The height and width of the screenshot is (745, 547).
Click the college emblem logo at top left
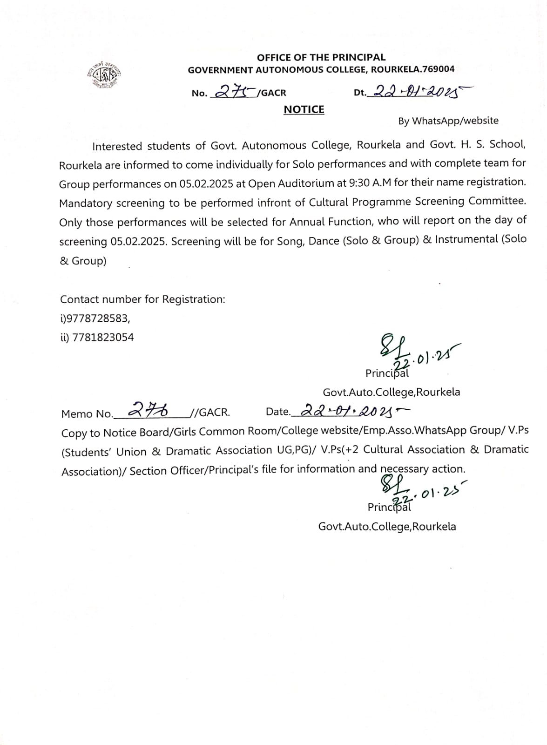[x=104, y=75]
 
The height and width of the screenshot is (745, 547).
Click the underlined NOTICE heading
[x=304, y=109]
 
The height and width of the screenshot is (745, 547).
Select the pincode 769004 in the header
[x=439, y=69]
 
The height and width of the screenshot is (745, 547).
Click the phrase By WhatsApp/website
[x=448, y=121]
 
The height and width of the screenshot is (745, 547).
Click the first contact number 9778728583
[x=98, y=318]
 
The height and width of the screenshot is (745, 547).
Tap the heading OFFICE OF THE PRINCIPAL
[x=321, y=57]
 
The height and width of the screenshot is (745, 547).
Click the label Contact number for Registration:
[x=142, y=299]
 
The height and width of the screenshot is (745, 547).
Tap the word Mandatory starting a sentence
[x=86, y=203]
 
